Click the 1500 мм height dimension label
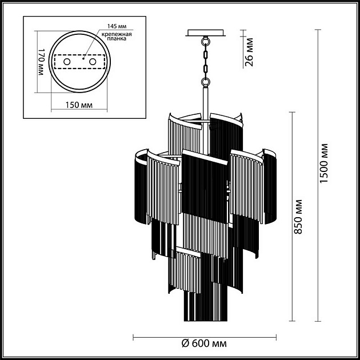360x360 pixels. [324, 163]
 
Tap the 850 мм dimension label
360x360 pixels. [298, 217]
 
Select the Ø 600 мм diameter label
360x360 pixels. [204, 343]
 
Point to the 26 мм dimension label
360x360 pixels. [249, 52]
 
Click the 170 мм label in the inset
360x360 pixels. [41, 62]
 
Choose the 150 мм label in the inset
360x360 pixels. [79, 105]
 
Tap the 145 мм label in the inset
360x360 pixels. [117, 26]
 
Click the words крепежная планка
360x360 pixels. [117, 36]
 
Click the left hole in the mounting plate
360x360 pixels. [67, 62]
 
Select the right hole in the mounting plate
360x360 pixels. [93, 62]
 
